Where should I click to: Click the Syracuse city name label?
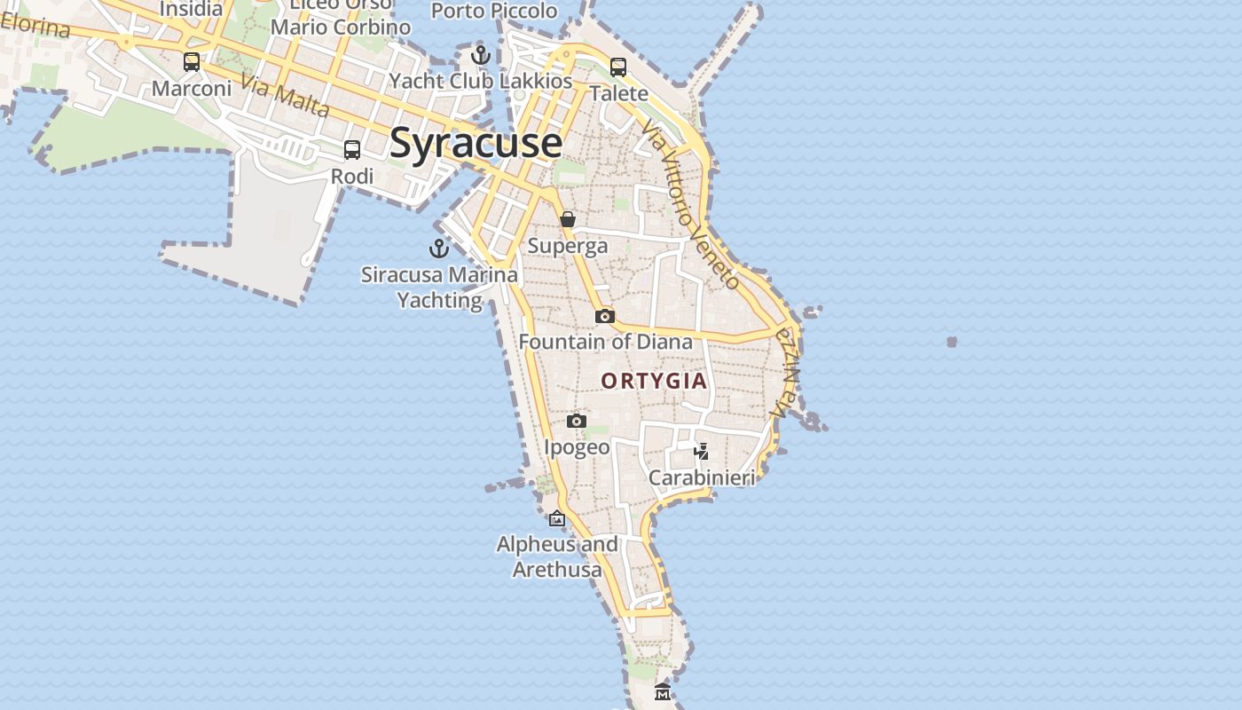click(476, 144)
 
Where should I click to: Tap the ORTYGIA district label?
click(654, 382)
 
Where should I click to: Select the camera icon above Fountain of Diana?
click(604, 316)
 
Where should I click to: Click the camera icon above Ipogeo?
click(577, 421)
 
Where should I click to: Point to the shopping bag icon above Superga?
click(568, 219)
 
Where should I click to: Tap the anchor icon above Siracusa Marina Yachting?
click(439, 248)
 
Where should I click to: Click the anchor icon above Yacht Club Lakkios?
click(481, 55)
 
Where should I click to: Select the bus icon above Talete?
click(618, 67)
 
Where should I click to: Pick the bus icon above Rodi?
click(352, 150)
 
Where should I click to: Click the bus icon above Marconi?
click(192, 62)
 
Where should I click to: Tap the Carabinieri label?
click(702, 478)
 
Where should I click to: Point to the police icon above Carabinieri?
click(702, 452)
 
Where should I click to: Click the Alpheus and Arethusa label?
click(557, 556)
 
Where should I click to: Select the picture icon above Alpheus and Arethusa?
click(557, 518)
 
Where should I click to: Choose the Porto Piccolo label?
click(494, 12)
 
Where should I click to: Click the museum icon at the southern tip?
click(661, 692)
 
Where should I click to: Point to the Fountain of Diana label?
click(605, 342)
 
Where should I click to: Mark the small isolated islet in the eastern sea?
click(952, 342)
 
